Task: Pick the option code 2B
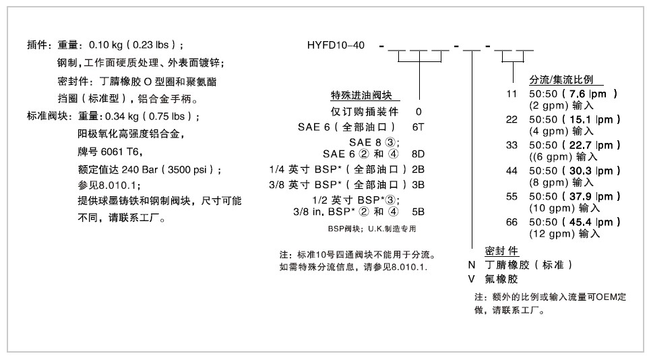[418, 168]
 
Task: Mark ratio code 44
[512, 171]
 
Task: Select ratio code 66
[512, 222]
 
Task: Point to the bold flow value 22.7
[581, 145]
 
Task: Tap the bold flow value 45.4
[581, 222]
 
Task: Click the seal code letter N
[472, 265]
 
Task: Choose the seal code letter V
[472, 278]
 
